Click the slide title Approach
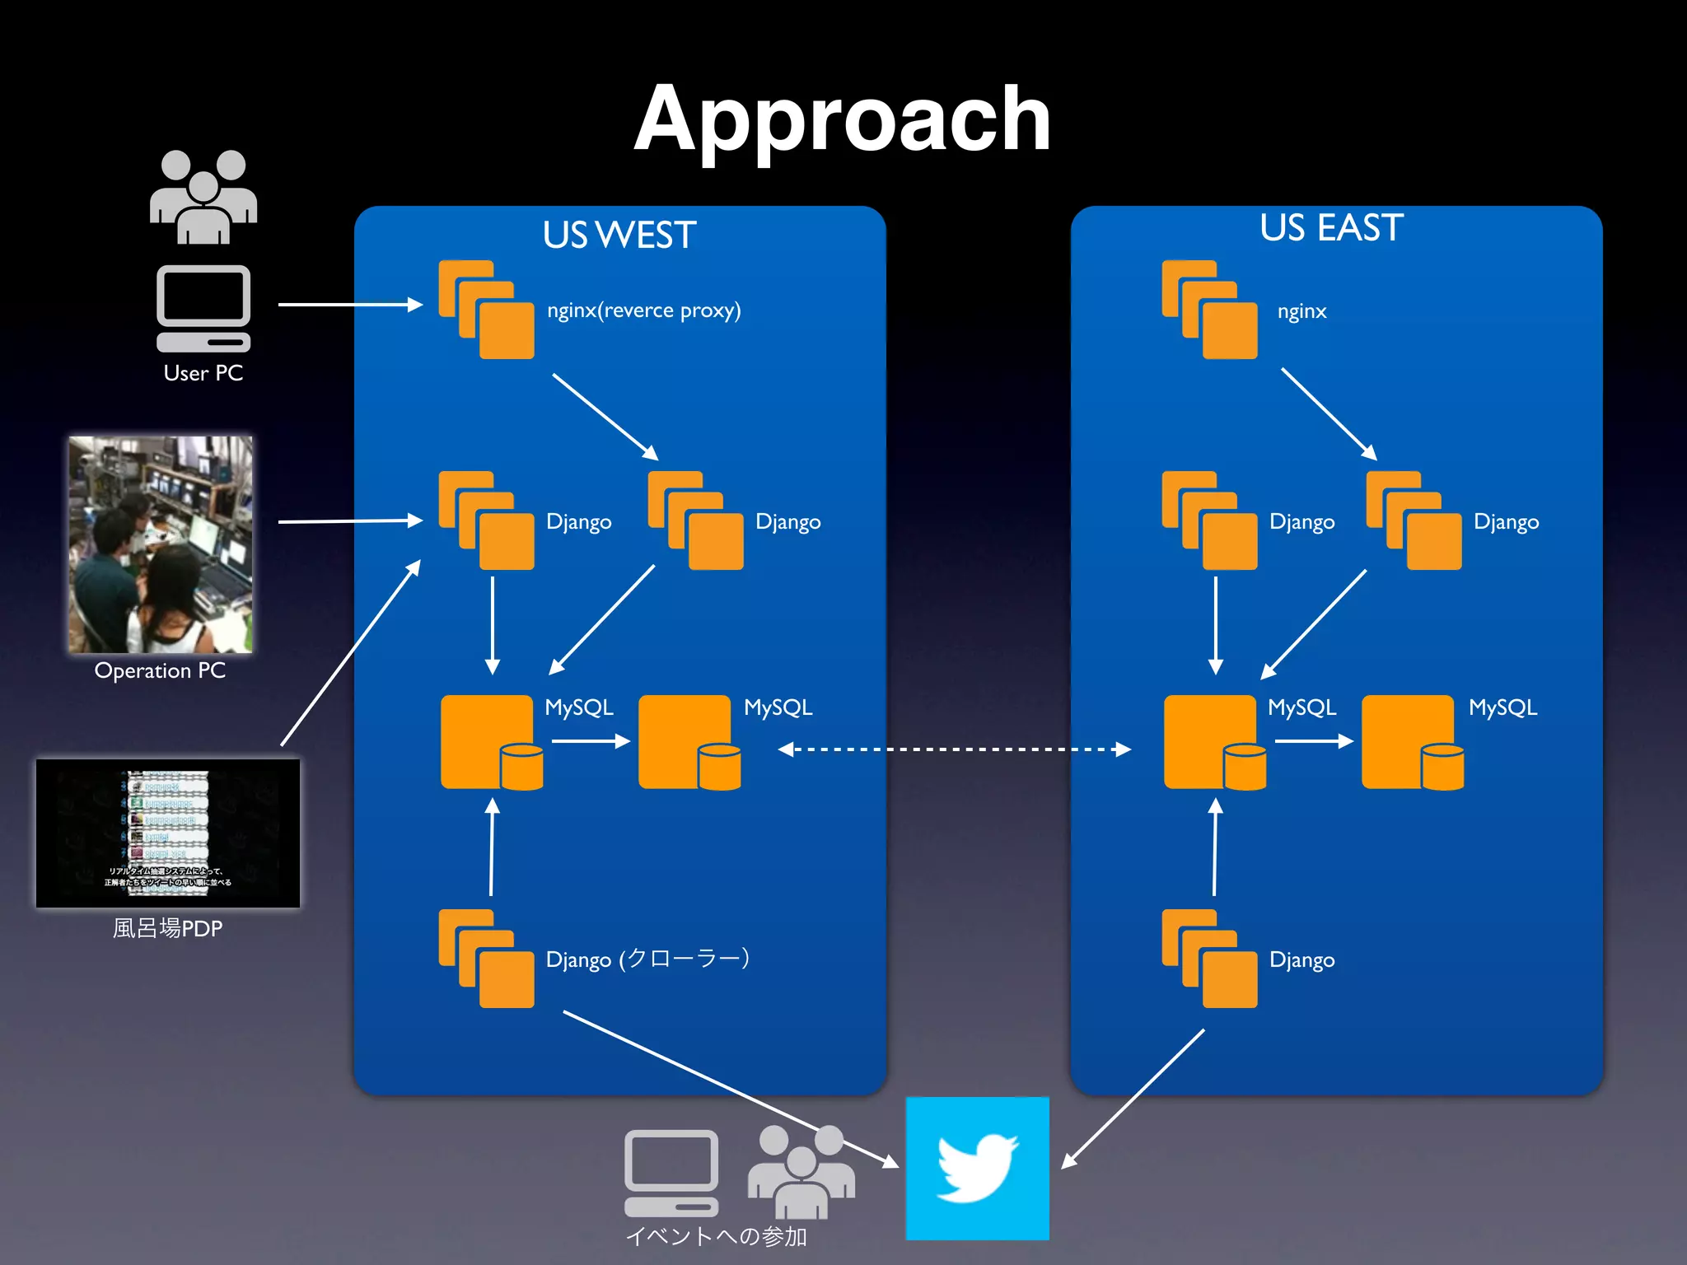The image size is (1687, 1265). pyautogui.click(x=842, y=119)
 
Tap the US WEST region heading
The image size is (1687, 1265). pyautogui.click(x=619, y=236)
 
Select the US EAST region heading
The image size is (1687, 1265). pyautogui.click(x=1331, y=228)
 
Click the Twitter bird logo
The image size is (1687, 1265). pyautogui.click(x=977, y=1168)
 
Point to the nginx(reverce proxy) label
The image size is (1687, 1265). pyautogui.click(x=643, y=310)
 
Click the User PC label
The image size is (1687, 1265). pyautogui.click(x=203, y=373)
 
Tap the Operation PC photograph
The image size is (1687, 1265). pyautogui.click(x=161, y=544)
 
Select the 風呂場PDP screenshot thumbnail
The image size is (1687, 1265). pyautogui.click(x=168, y=833)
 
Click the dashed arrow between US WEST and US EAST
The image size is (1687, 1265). pyautogui.click(x=954, y=749)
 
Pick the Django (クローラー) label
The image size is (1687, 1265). pyautogui.click(x=647, y=959)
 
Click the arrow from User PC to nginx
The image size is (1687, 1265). pyautogui.click(x=350, y=305)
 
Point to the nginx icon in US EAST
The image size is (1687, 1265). pyautogui.click(x=1209, y=310)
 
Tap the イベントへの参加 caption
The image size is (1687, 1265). pyautogui.click(x=716, y=1236)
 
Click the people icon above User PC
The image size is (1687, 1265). pyautogui.click(x=203, y=197)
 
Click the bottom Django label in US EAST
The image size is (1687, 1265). pyautogui.click(x=1301, y=960)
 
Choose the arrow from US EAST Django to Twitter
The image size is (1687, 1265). pyautogui.click(x=1133, y=1099)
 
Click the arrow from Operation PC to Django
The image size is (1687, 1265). pyautogui.click(x=350, y=520)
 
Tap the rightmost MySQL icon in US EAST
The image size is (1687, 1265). pyautogui.click(x=1412, y=742)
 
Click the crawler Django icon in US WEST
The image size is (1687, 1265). pyautogui.click(x=486, y=959)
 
